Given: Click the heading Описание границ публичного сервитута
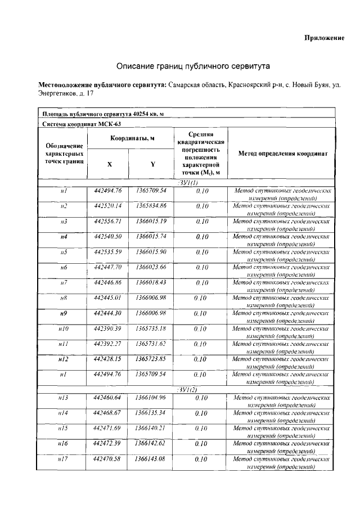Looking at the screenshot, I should click(x=193, y=66).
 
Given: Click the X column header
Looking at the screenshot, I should click(x=109, y=164).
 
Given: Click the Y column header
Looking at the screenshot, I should click(x=152, y=164).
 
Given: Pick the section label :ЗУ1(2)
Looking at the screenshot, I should click(x=187, y=389).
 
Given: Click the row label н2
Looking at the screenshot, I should click(x=64, y=206).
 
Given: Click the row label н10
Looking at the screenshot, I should click(x=64, y=328).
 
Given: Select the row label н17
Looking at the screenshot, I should click(x=64, y=459).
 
